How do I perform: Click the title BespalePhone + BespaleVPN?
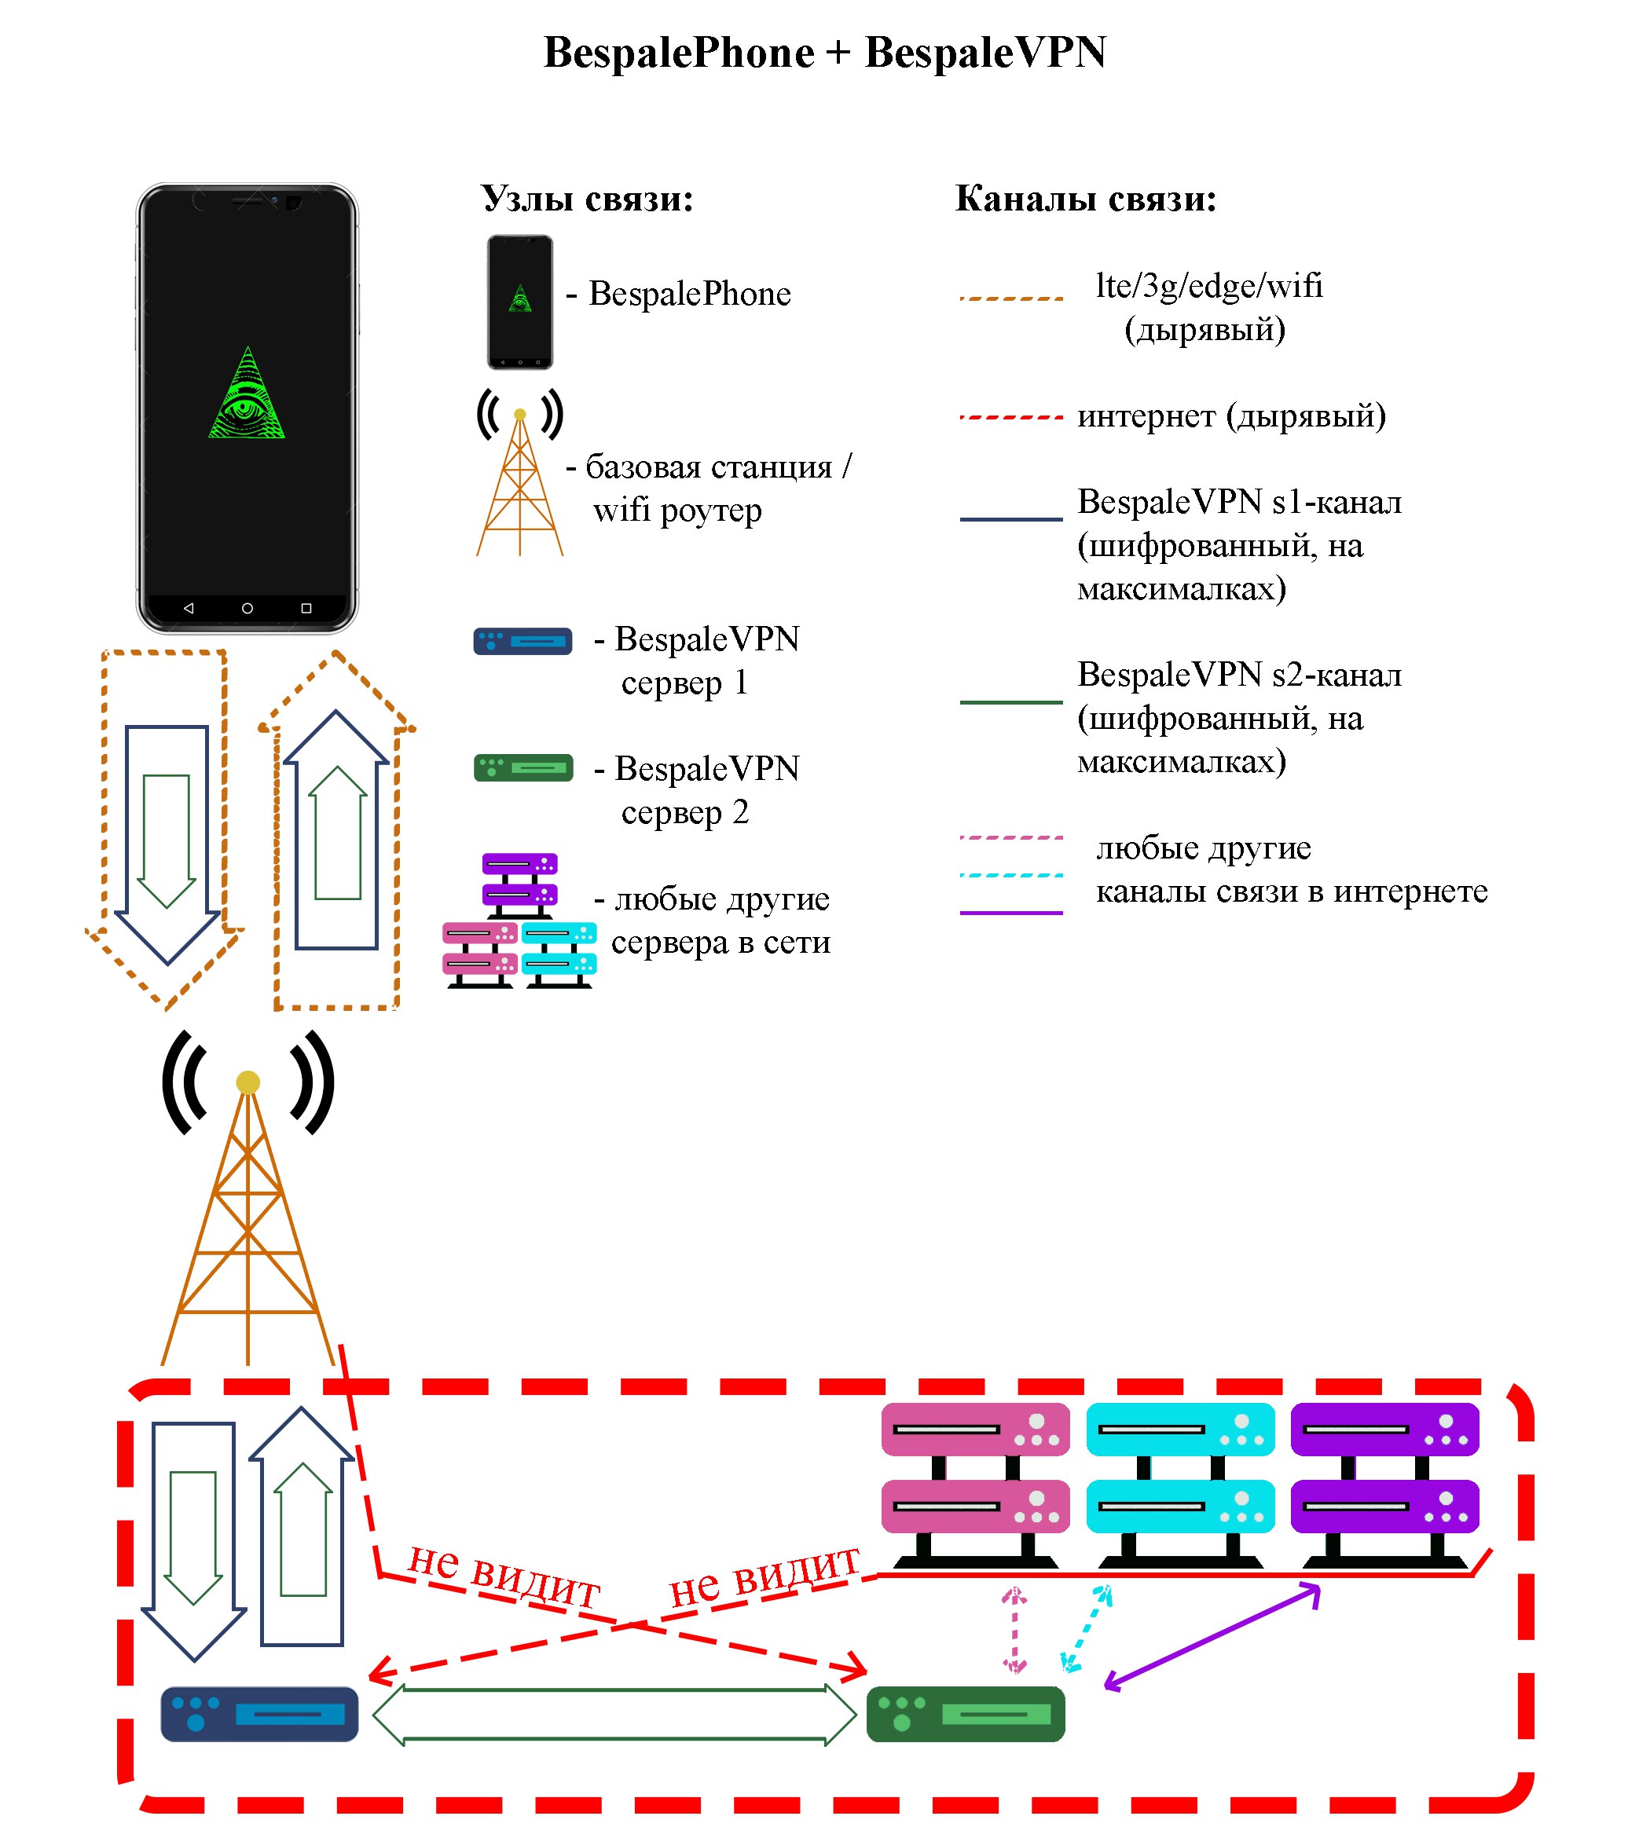pyautogui.click(x=824, y=53)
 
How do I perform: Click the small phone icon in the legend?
pyautogui.click(x=519, y=302)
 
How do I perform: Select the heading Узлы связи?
pyautogui.click(x=587, y=199)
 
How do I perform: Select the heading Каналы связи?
pyautogui.click(x=1085, y=199)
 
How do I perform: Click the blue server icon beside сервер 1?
pyautogui.click(x=523, y=641)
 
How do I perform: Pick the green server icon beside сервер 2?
pyautogui.click(x=523, y=767)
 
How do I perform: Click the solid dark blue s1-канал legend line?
pyautogui.click(x=1011, y=519)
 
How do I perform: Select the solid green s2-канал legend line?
pyautogui.click(x=1011, y=702)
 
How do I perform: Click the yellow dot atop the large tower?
pyautogui.click(x=247, y=1082)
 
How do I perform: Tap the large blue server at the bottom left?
pyautogui.click(x=259, y=1714)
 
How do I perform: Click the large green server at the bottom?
pyautogui.click(x=966, y=1714)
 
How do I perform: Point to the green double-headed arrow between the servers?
pyautogui.click(x=614, y=1714)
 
